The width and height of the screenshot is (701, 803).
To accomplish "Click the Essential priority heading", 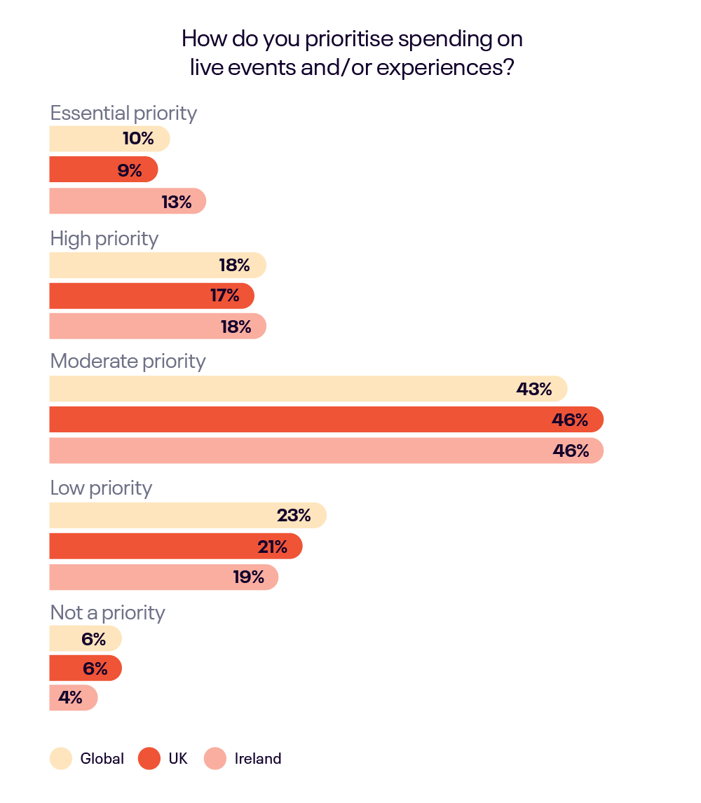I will tap(123, 114).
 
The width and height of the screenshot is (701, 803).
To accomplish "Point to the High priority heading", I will tap(104, 239).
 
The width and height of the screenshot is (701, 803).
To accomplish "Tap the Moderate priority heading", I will tap(128, 362).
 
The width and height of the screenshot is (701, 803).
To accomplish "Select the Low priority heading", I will tap(101, 488).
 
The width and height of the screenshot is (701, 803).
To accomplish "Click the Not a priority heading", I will tap(108, 613).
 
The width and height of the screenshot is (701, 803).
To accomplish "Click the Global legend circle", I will tap(61, 759).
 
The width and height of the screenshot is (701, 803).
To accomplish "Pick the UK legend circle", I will tap(149, 759).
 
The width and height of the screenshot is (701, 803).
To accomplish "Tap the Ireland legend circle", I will tap(215, 759).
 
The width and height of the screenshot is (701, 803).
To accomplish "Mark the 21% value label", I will tap(272, 547).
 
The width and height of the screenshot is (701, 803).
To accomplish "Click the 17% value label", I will tap(225, 296).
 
